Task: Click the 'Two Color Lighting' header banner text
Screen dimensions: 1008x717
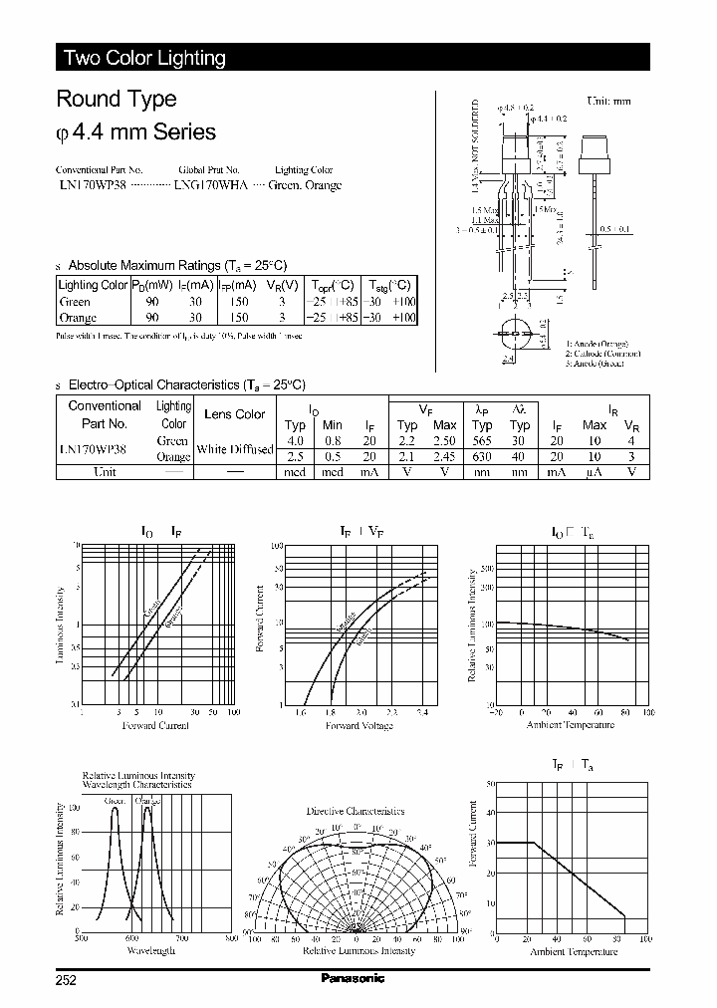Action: (x=144, y=58)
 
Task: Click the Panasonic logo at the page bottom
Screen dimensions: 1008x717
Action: (x=352, y=978)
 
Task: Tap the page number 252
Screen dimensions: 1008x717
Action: (x=67, y=979)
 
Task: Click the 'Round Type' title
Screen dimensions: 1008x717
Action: (x=117, y=99)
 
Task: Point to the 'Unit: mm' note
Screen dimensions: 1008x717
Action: (x=608, y=101)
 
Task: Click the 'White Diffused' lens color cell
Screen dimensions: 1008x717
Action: (x=235, y=449)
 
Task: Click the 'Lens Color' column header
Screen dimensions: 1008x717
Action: (x=235, y=413)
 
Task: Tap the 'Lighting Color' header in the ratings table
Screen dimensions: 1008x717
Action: (x=94, y=285)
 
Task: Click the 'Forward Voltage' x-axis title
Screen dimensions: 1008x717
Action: (x=360, y=725)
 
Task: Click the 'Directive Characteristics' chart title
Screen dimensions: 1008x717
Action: (x=356, y=811)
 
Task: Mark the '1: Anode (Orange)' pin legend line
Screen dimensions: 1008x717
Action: (x=601, y=343)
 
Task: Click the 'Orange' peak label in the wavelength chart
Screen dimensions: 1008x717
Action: (x=147, y=801)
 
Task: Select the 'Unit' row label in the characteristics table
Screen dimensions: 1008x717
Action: (x=105, y=472)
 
